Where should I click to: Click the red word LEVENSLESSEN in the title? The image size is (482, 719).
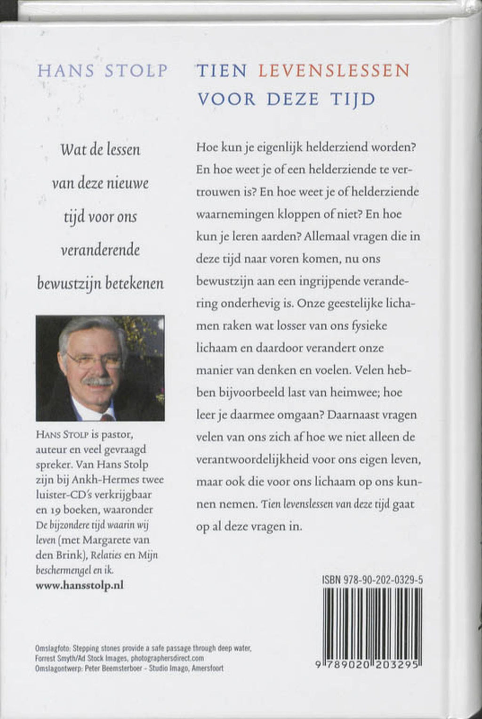click(x=334, y=71)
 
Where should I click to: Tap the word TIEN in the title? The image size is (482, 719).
click(x=222, y=71)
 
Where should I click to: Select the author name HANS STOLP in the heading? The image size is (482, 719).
click(x=102, y=71)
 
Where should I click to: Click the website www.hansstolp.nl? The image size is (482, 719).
click(x=80, y=585)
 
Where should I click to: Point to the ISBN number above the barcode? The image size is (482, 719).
click(x=372, y=580)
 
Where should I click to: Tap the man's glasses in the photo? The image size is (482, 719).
click(x=94, y=361)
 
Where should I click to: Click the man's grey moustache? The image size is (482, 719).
click(x=98, y=381)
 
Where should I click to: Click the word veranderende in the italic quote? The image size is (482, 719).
click(x=100, y=250)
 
